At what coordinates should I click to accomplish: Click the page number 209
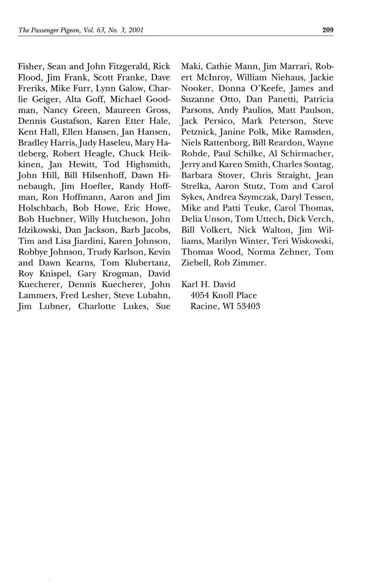(x=328, y=30)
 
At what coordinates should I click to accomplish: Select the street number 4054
(x=200, y=295)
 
